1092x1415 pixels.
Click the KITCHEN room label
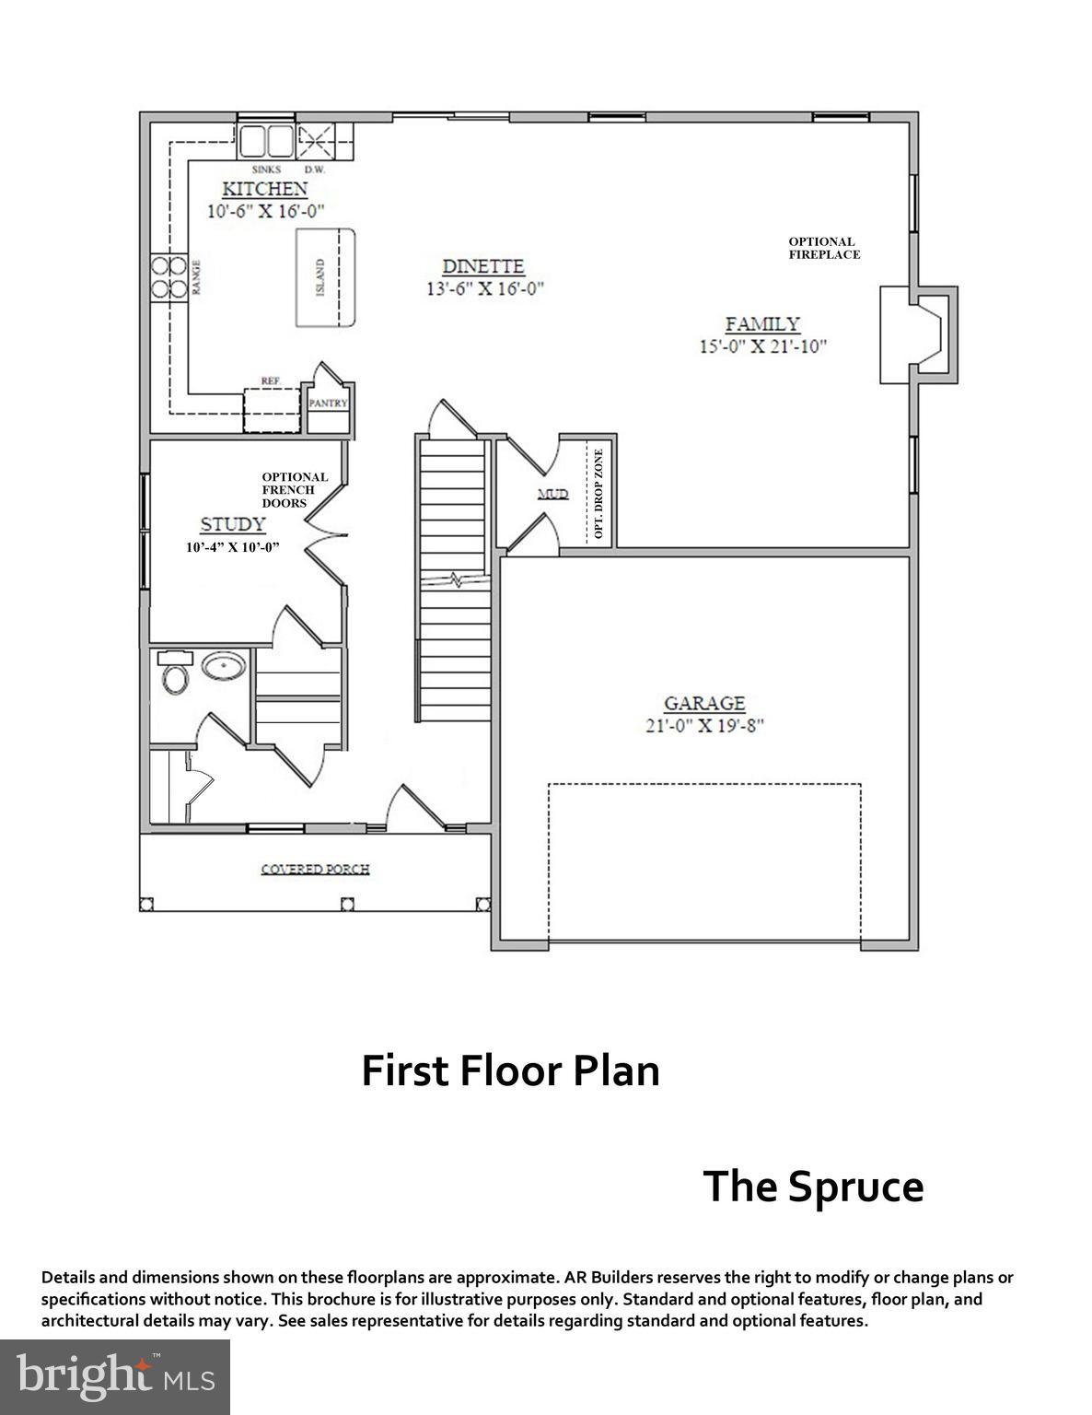(264, 189)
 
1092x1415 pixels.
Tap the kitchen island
(325, 277)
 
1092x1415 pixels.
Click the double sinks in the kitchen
(266, 143)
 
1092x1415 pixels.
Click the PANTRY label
(328, 403)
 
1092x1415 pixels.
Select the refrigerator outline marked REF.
(273, 408)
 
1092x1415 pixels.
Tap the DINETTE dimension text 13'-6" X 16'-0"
(483, 288)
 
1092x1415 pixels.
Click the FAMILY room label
(762, 324)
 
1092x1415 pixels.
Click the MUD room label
(552, 495)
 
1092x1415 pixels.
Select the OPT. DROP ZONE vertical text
(598, 495)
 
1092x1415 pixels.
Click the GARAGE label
(704, 704)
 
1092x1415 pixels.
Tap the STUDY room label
(233, 524)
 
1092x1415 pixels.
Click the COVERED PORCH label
(315, 869)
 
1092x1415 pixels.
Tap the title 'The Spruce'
(813, 1186)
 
